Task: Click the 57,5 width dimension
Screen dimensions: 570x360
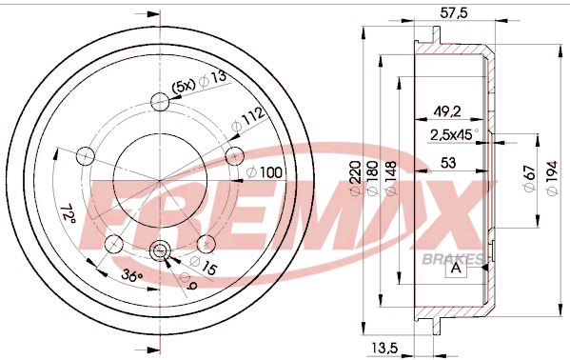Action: click(x=454, y=13)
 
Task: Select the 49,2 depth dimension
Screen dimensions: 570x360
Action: click(x=447, y=111)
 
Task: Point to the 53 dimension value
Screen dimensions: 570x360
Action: click(x=447, y=163)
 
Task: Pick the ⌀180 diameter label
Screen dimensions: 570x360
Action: click(x=373, y=178)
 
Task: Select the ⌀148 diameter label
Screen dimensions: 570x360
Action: click(x=390, y=178)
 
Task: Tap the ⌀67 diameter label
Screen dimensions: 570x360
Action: click(x=529, y=178)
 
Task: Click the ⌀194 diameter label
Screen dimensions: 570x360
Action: click(x=551, y=178)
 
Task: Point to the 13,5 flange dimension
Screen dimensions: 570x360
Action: click(x=384, y=348)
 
